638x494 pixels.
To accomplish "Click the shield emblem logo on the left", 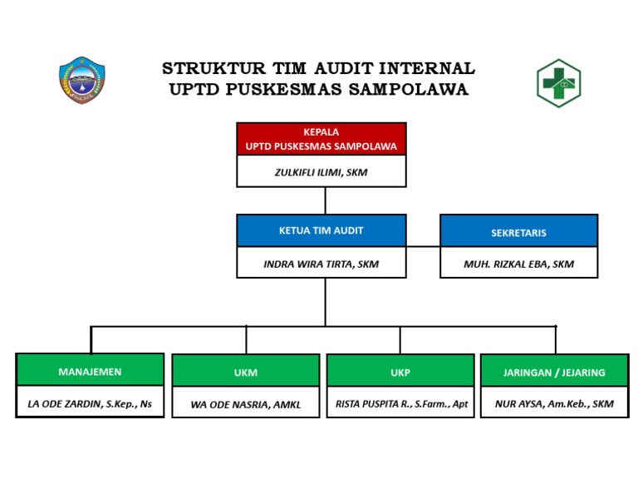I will coord(81,81).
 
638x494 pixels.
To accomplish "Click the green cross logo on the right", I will coord(558,83).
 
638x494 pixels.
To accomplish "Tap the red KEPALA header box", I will coord(321,139).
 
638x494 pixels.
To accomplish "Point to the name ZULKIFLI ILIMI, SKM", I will coord(321,172).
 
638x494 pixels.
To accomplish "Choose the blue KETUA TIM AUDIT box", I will coord(321,230).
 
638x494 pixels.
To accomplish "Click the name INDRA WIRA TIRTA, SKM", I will coord(321,264).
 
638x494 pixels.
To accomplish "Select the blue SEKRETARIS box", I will coord(518,232).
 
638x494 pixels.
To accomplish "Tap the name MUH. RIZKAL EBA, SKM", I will coord(518,264).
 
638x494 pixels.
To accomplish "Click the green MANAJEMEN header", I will coord(90,371).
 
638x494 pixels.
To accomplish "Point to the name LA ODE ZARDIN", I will coord(90,404).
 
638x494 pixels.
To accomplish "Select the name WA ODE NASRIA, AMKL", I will coord(245,405).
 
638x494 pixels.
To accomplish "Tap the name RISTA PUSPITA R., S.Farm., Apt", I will coord(401,404).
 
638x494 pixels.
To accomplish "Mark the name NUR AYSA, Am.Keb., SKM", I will coord(554,404).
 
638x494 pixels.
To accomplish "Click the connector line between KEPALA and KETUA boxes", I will coord(325,200).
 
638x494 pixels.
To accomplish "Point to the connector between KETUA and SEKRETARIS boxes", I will coord(423,246).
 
